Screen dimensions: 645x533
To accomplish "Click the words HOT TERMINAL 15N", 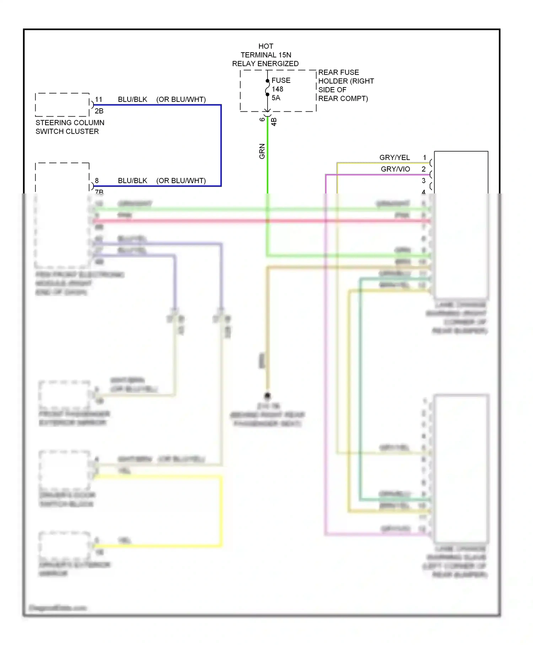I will (x=266, y=50).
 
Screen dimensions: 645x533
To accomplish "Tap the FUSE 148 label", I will (x=281, y=85).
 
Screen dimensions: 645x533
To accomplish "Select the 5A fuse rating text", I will (x=276, y=98).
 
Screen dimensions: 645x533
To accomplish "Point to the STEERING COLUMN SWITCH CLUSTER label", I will (x=70, y=127).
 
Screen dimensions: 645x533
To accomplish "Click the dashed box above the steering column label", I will (x=62, y=105).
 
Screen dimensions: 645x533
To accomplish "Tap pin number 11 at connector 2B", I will (x=98, y=100).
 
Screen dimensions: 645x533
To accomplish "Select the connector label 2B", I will (x=99, y=111).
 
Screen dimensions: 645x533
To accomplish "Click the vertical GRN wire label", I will (x=262, y=151).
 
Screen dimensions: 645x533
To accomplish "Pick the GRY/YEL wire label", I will (x=394, y=158).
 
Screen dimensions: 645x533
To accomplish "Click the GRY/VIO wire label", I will (x=395, y=169).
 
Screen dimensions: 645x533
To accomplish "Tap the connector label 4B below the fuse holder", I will (x=274, y=122).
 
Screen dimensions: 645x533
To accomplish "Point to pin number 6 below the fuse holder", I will (x=262, y=119).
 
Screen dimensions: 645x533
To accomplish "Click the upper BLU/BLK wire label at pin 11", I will (x=132, y=100).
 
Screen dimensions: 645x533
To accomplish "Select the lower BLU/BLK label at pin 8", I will (x=132, y=181).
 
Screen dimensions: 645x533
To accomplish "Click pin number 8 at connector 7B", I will (x=97, y=181).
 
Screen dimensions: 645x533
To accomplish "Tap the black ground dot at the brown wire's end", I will (x=267, y=395).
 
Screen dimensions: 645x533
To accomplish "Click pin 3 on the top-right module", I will (x=424, y=181).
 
